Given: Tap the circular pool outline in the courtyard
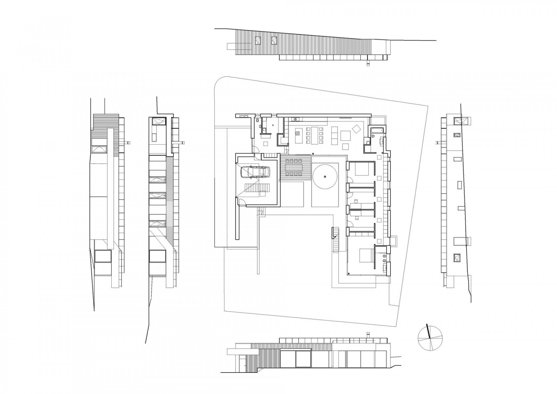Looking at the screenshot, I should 325,177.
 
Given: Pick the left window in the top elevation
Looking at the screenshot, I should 258,41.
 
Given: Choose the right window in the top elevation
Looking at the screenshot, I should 274,41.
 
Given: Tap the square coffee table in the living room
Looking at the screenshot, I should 346,135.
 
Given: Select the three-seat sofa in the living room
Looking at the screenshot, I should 334,135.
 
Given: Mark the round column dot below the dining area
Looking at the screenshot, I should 313,153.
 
